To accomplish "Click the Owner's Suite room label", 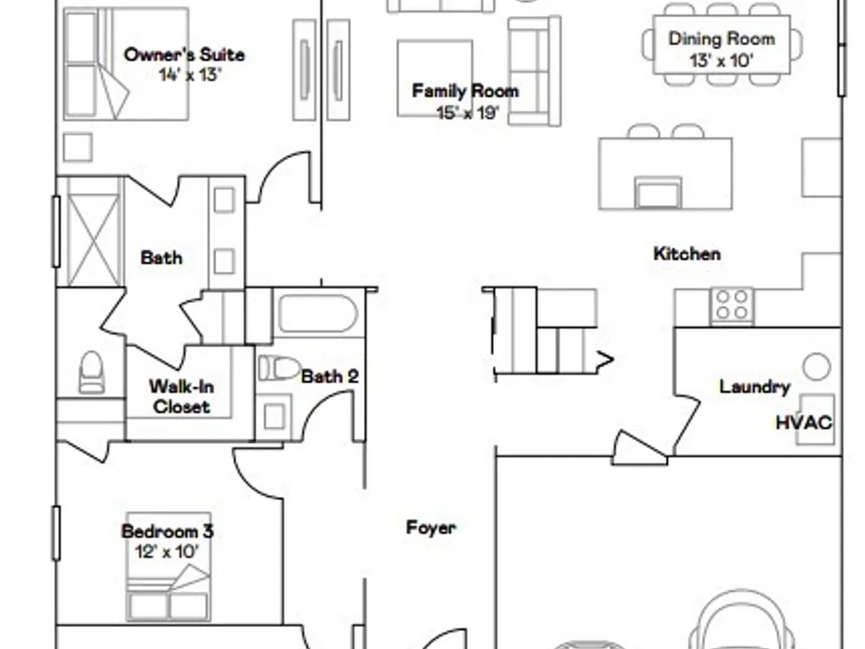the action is point(184,55).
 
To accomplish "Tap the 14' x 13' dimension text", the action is point(190,74).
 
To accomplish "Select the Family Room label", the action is point(465,91).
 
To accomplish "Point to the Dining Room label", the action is point(721,39).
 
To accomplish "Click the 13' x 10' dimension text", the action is point(721,61).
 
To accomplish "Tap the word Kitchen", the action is point(687,254).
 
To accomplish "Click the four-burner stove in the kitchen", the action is point(732,305).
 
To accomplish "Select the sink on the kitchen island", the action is point(658,193).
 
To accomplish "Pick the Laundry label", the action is point(754,386).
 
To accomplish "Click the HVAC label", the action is point(804,423).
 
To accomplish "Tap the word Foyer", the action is point(431,528).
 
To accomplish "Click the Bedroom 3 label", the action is point(167,531).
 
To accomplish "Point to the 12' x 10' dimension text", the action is point(167,551).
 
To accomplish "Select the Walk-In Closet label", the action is point(181,396).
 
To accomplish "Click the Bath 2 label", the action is point(330,376).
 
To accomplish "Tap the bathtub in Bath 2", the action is point(318,313).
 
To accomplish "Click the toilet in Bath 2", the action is point(279,368).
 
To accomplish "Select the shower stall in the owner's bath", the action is point(92,232).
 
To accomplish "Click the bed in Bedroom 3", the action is point(169,568).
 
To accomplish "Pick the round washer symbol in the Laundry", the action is point(817,366).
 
